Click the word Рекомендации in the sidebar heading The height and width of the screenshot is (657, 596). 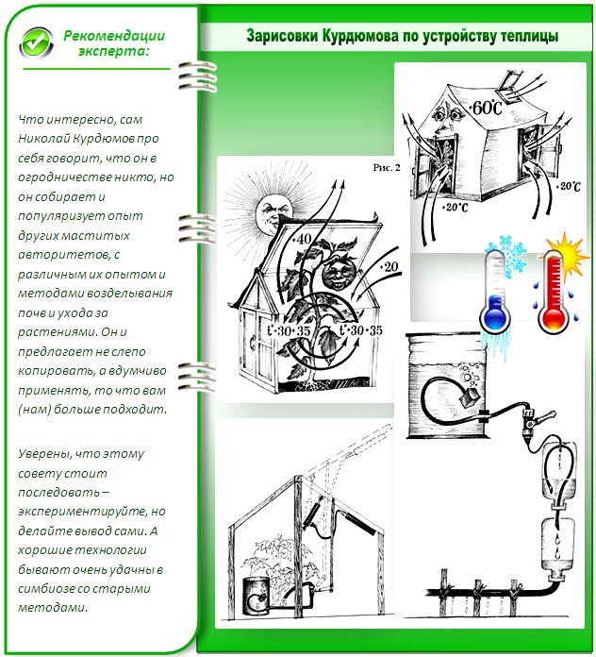click(114, 36)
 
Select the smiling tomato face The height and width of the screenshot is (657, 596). click(339, 273)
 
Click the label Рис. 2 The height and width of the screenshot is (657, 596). click(387, 168)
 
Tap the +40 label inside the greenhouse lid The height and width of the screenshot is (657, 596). click(302, 239)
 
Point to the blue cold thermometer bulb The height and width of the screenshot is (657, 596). click(495, 316)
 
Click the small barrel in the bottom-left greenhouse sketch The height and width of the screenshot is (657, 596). click(257, 595)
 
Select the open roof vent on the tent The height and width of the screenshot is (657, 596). click(511, 87)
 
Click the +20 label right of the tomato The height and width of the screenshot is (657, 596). click(389, 266)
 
